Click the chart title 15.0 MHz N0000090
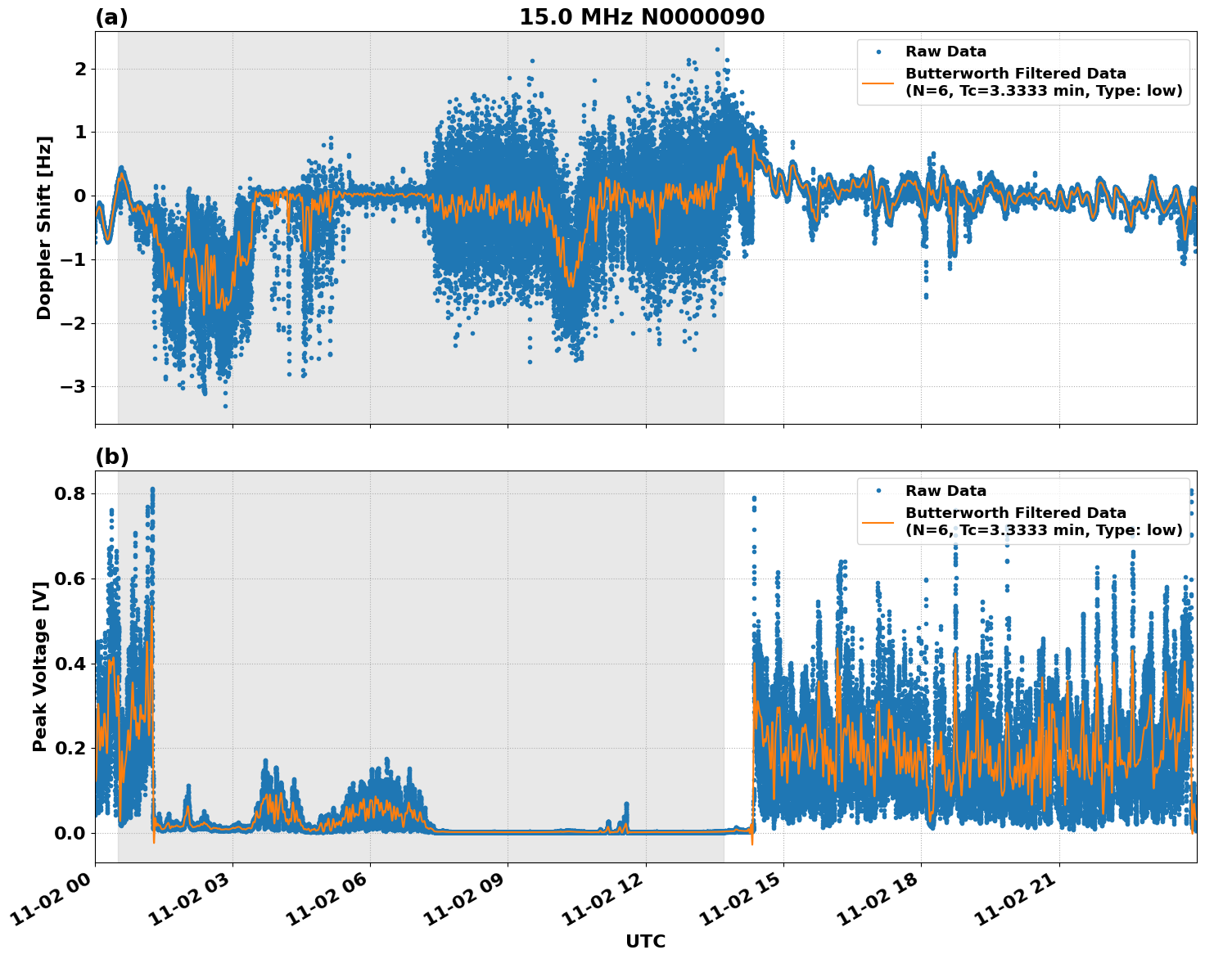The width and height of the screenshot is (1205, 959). [x=642, y=17]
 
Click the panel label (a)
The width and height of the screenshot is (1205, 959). [x=111, y=17]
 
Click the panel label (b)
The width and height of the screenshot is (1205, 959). [x=111, y=457]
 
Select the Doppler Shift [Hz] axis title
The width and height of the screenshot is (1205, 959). [x=44, y=227]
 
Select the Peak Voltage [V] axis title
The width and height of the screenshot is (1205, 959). [x=39, y=666]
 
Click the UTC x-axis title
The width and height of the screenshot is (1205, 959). [x=645, y=941]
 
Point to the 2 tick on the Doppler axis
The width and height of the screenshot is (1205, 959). [x=80, y=69]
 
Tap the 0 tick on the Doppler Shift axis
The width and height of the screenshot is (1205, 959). [x=80, y=196]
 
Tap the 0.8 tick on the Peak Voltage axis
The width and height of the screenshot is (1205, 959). [x=71, y=493]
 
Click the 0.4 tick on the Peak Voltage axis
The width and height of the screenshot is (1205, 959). [x=71, y=663]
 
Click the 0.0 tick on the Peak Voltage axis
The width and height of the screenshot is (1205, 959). [x=71, y=833]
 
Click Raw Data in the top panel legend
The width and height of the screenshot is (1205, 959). [x=945, y=52]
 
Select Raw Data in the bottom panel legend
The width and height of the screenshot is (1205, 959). [x=945, y=491]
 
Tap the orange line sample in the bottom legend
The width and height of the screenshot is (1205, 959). [x=878, y=521]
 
